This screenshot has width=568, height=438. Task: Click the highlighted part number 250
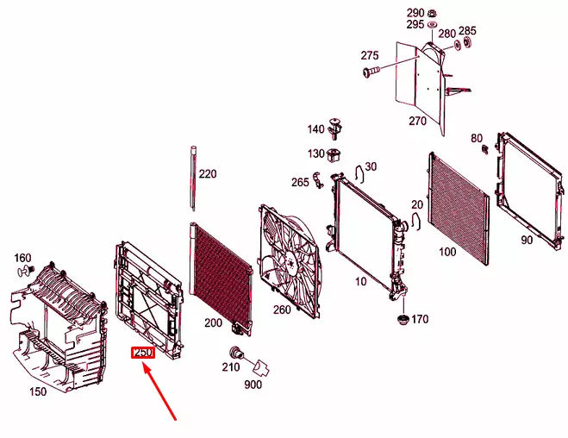pyautogui.click(x=143, y=353)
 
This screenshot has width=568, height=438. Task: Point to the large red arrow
pyautogui.click(x=159, y=392)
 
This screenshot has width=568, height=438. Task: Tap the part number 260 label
pyautogui.click(x=282, y=310)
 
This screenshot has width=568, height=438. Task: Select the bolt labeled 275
pyautogui.click(x=371, y=71)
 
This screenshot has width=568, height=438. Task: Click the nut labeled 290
pyautogui.click(x=432, y=14)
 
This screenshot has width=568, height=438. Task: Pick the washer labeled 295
pyautogui.click(x=432, y=25)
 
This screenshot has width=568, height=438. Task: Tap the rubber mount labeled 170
pyautogui.click(x=403, y=320)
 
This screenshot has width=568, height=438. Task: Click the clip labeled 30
pyautogui.click(x=359, y=175)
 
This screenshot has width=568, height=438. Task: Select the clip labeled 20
pyautogui.click(x=415, y=221)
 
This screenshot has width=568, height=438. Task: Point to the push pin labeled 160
pyautogui.click(x=26, y=271)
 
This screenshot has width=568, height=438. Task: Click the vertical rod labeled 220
pyautogui.click(x=193, y=178)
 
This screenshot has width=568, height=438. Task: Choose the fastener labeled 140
pyautogui.click(x=334, y=128)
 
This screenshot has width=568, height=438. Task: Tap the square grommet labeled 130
pyautogui.click(x=334, y=156)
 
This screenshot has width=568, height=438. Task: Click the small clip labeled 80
pyautogui.click(x=485, y=149)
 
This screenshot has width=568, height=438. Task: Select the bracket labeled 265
pyautogui.click(x=318, y=180)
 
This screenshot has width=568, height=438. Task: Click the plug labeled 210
pyautogui.click(x=236, y=352)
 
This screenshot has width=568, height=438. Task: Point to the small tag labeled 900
pyautogui.click(x=261, y=367)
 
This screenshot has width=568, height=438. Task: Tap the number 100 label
pyautogui.click(x=447, y=252)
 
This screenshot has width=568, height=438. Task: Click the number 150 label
pyautogui.click(x=38, y=391)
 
